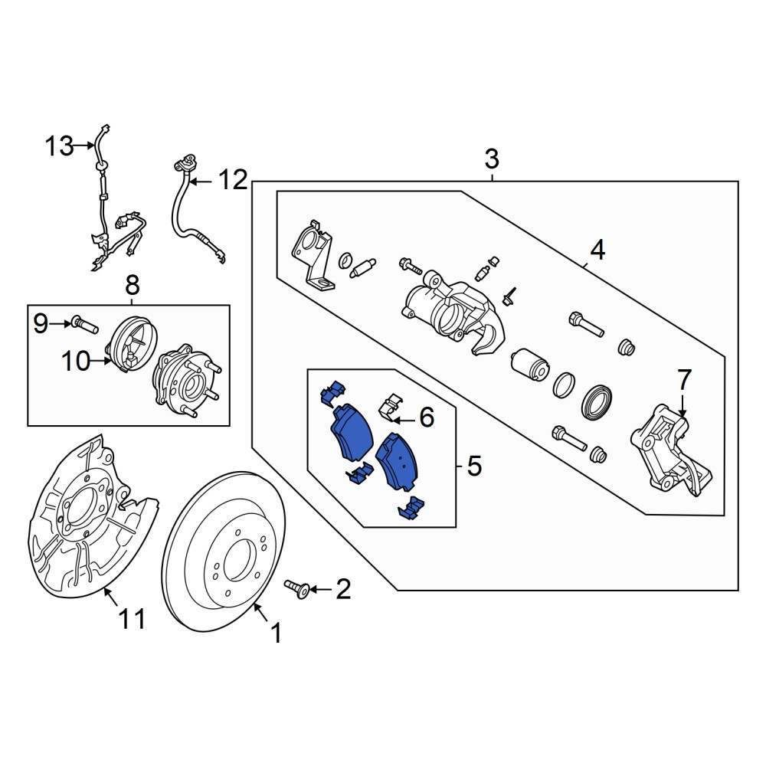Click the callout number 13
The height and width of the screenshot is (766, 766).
59,146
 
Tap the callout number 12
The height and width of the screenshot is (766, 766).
234,180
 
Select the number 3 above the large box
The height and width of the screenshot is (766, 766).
492,159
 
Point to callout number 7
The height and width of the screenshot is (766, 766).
683,380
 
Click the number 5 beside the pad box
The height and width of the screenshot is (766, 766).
474,466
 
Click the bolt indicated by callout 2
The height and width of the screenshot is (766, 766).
297,588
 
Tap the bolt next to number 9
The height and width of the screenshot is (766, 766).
85,324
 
